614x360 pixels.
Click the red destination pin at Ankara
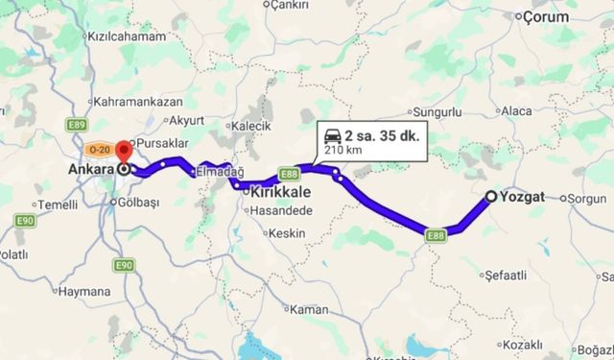124,151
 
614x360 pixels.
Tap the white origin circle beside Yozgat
490,197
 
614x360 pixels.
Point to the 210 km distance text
341,150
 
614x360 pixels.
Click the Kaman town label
309,309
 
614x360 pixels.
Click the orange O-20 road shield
99,150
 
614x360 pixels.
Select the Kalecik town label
252,126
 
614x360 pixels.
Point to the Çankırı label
292,5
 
